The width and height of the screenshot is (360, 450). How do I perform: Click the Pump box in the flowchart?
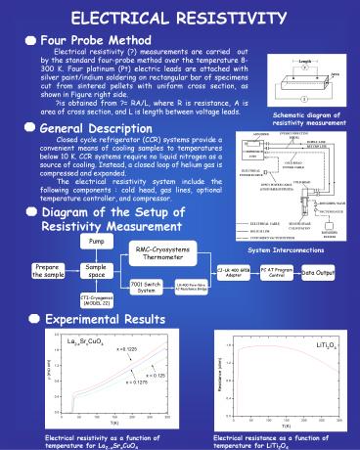(x=94, y=241)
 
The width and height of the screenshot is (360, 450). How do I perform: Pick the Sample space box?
(x=96, y=271)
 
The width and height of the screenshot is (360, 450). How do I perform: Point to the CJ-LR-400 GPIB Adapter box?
(x=234, y=271)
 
